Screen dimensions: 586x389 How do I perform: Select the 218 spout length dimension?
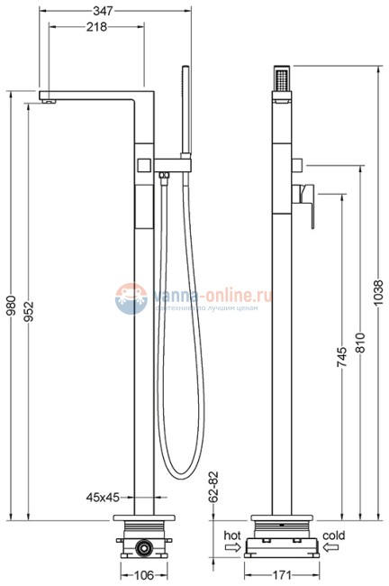[95, 27]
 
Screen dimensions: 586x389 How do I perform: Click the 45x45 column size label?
[104, 497]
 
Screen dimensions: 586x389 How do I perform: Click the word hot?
[231, 535]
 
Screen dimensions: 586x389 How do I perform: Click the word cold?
[333, 535]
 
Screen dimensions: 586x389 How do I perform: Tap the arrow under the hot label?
[231, 546]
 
